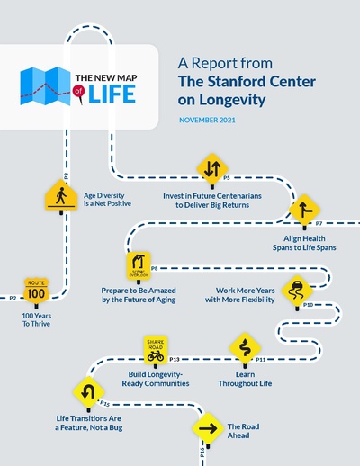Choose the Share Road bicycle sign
coord(156,349)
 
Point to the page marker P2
coord(12,297)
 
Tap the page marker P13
coord(175,359)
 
